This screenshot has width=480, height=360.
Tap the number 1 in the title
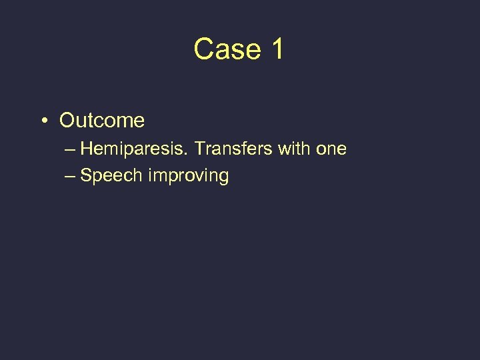277,49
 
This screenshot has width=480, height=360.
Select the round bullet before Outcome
43,121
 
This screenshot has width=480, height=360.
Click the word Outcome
101,121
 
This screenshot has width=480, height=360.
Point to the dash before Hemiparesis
71,149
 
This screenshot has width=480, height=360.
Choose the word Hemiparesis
135,149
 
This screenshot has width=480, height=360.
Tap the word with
295,149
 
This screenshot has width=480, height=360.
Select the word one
331,149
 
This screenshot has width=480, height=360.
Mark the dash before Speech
71,177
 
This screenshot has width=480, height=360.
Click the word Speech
111,176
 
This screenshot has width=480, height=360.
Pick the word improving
189,177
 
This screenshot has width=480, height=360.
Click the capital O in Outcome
67,121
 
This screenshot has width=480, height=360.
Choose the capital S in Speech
85,176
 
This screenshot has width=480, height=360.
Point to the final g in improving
223,178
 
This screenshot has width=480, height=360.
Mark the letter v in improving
197,177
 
